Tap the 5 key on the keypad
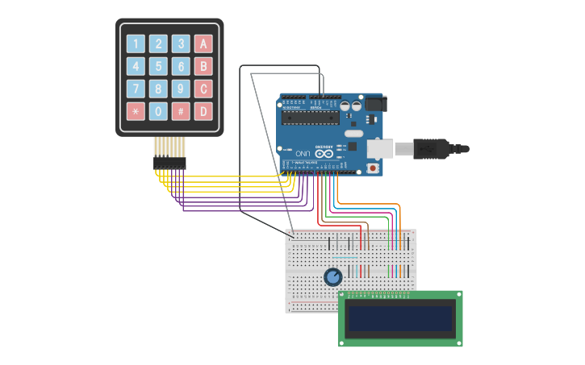pos(159,67)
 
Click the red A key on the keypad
pos(204,44)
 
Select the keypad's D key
pos(204,111)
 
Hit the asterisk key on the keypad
pos(136,111)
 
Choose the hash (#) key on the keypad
pos(182,111)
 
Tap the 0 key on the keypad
pos(159,111)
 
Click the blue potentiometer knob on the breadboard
pos(332,277)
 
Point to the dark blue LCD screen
pos(399,318)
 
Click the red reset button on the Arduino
pos(373,168)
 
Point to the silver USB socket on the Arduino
pos(379,148)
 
